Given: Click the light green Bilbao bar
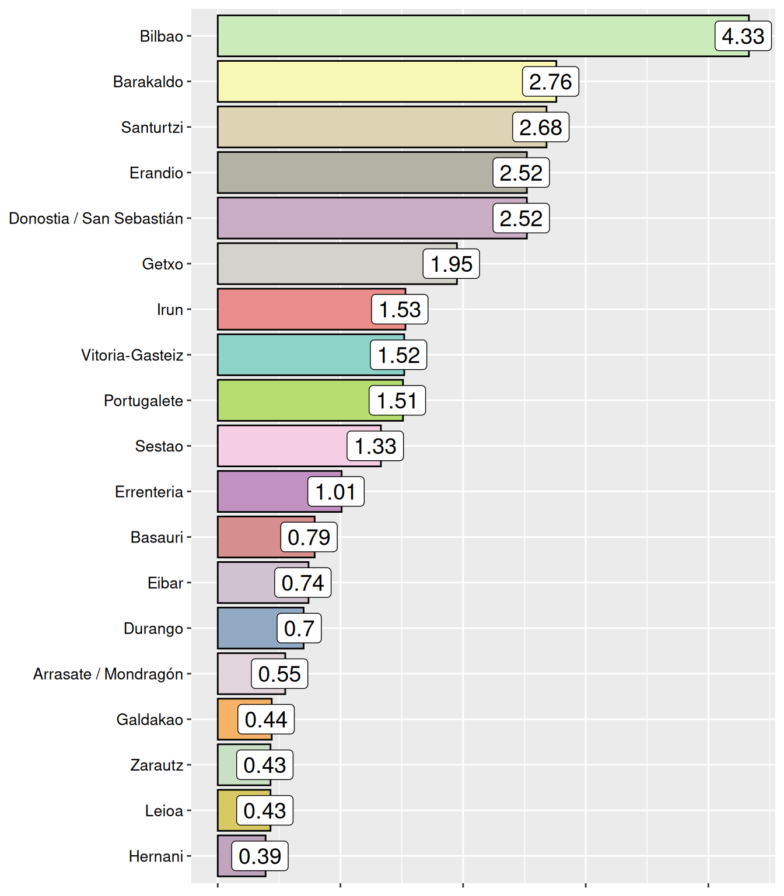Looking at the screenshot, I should [x=467, y=36].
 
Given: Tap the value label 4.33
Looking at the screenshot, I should [x=743, y=36].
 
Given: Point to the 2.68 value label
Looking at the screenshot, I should [x=540, y=127].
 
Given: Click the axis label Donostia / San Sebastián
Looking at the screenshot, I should [x=96, y=218].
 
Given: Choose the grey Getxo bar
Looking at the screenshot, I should [x=321, y=264].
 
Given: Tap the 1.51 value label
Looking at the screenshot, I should [x=397, y=401].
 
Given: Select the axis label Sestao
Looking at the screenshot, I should [x=159, y=446].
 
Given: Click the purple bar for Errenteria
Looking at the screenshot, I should [x=263, y=492].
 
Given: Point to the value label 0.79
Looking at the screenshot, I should [x=309, y=537].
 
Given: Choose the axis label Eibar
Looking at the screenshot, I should [x=165, y=583].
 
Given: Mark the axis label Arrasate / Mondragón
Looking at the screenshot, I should [x=108, y=674].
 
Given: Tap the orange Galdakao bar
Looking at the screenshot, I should [x=228, y=719].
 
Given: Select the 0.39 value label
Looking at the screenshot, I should [x=260, y=856].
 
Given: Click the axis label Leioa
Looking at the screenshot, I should [x=164, y=811].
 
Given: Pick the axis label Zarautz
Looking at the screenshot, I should [x=156, y=765].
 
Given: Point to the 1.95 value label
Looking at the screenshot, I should [x=451, y=264].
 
